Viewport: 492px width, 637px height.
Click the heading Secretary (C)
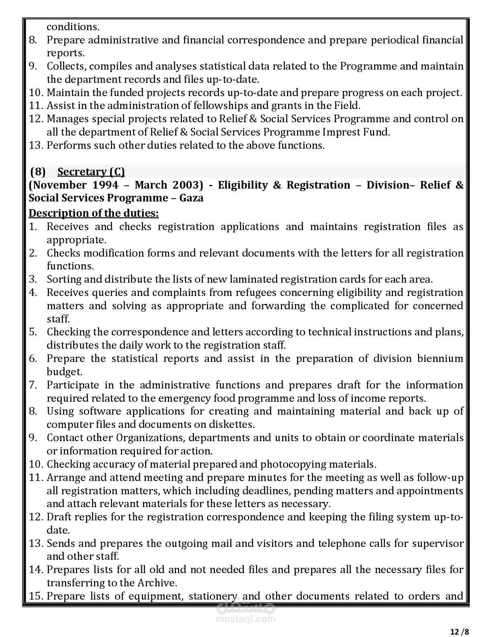(91, 172)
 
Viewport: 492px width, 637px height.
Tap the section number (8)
(38, 172)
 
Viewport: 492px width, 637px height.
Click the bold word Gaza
(191, 198)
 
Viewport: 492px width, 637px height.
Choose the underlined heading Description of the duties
(94, 213)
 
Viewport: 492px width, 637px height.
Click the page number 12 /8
(459, 632)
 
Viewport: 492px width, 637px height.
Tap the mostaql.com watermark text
(246, 619)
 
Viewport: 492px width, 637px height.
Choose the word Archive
(155, 583)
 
